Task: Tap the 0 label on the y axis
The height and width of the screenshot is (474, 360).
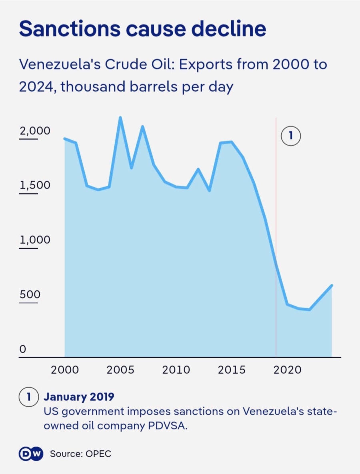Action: pyautogui.click(x=23, y=349)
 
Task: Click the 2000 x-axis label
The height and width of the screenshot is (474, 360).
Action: pyautogui.click(x=65, y=370)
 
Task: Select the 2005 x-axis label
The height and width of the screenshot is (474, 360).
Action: pyautogui.click(x=120, y=370)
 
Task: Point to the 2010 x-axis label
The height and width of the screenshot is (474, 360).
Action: pyautogui.click(x=176, y=370)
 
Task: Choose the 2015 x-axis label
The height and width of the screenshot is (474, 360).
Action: pyautogui.click(x=232, y=370)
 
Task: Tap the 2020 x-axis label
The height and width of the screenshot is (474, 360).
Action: pyautogui.click(x=287, y=370)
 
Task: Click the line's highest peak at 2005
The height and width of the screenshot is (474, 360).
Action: pyautogui.click(x=120, y=118)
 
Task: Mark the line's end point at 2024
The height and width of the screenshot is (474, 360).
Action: pyautogui.click(x=332, y=286)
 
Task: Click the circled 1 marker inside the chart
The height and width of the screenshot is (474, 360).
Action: pyautogui.click(x=291, y=136)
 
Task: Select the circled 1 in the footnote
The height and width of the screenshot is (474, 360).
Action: pyautogui.click(x=28, y=397)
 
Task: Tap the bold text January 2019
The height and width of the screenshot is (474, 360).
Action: pyautogui.click(x=79, y=397)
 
